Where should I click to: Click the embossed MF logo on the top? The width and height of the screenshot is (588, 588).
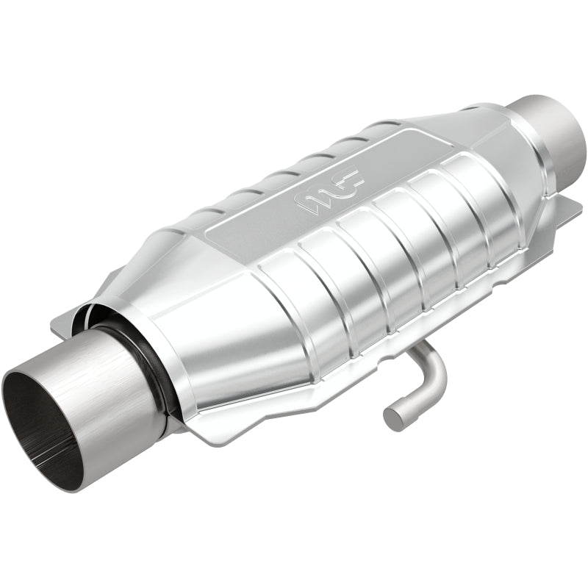pyautogui.click(x=329, y=189)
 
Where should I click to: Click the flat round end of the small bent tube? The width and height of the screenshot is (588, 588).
pyautogui.click(x=393, y=417)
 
